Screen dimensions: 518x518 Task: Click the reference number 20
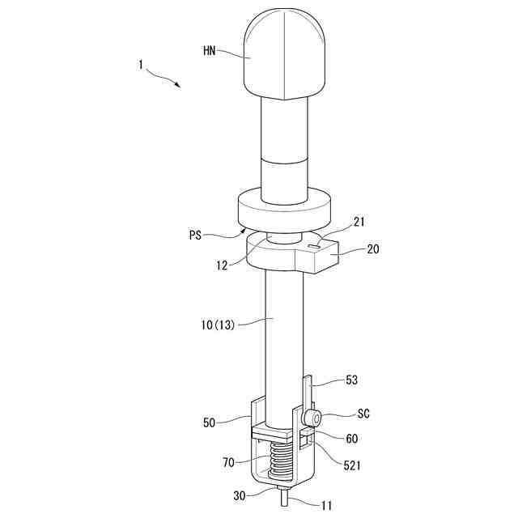click(x=373, y=249)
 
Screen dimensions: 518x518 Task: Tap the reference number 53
click(x=351, y=380)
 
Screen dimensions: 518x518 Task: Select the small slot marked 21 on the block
click(x=315, y=241)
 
